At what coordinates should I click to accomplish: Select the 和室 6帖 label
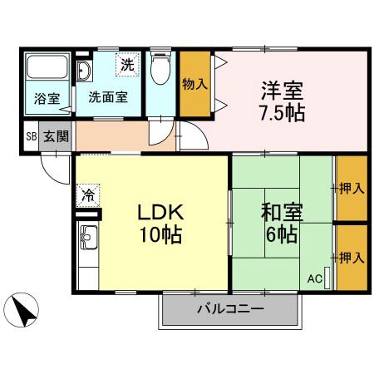pyautogui.click(x=280, y=223)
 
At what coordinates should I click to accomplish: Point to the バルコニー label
pyautogui.click(x=230, y=309)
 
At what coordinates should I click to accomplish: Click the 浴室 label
pyautogui.click(x=47, y=98)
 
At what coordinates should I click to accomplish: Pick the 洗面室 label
pyautogui.click(x=108, y=96)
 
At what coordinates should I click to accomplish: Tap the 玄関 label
pyautogui.click(x=56, y=136)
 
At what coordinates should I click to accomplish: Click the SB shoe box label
pyautogui.click(x=31, y=136)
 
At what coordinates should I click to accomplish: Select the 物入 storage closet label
pyautogui.click(x=195, y=84)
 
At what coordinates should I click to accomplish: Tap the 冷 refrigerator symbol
pyautogui.click(x=87, y=196)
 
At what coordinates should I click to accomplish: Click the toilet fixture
pyautogui.click(x=161, y=70)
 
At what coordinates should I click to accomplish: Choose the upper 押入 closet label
pyautogui.click(x=352, y=188)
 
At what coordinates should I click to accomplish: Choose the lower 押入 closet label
pyautogui.click(x=352, y=257)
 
